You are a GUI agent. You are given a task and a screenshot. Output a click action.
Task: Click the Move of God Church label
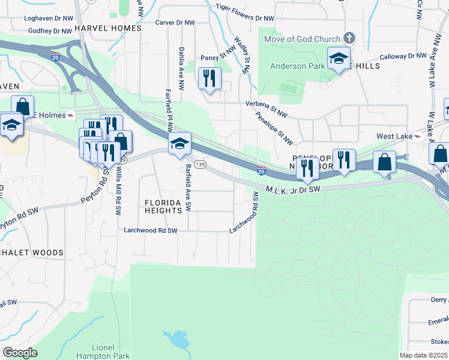[x=303, y=39]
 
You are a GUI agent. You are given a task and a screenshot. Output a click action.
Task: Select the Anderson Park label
[x=297, y=66]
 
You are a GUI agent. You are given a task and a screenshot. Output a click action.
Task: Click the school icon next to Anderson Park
[x=339, y=59]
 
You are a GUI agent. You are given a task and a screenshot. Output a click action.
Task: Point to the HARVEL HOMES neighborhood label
[x=109, y=28]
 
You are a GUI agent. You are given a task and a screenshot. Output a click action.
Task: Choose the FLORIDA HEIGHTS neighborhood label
[x=163, y=207]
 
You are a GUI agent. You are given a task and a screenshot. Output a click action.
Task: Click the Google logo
[x=20, y=352]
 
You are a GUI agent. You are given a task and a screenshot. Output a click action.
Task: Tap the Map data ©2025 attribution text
[x=423, y=355]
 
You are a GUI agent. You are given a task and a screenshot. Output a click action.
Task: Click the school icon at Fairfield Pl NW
[x=179, y=144]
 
